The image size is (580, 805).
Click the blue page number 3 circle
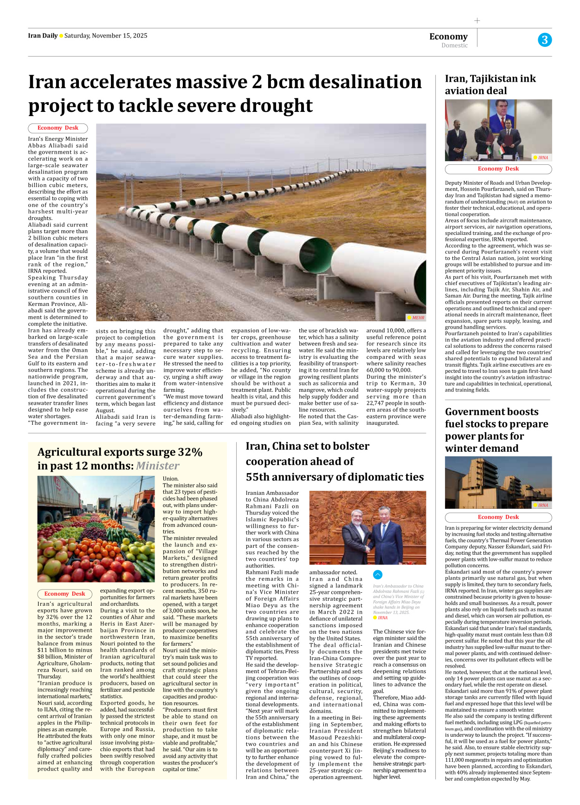pos(545,40)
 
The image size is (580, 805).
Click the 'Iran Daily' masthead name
pos(43,36)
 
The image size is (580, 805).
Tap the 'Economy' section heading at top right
pos(448,37)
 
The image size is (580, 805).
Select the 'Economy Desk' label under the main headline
pos(58,128)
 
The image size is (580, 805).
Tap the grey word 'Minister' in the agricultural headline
pos(157,466)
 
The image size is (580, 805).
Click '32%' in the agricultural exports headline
pos(190,452)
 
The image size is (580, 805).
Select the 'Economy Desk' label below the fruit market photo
pos(64,594)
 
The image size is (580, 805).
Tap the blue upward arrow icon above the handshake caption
pos(378,574)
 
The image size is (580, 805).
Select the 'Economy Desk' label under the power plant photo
pos(498,517)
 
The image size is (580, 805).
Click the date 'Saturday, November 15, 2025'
pos(106,36)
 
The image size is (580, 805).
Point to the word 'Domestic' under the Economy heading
pos(454,45)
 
